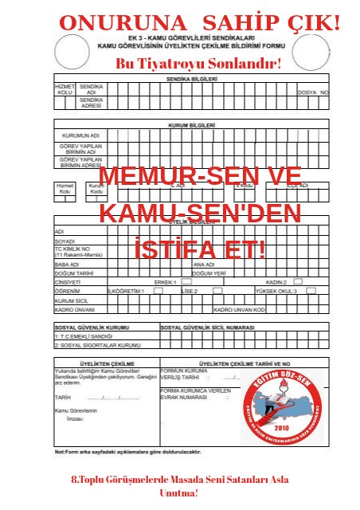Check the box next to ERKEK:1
coord(186,281)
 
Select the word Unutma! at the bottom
coord(178,493)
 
